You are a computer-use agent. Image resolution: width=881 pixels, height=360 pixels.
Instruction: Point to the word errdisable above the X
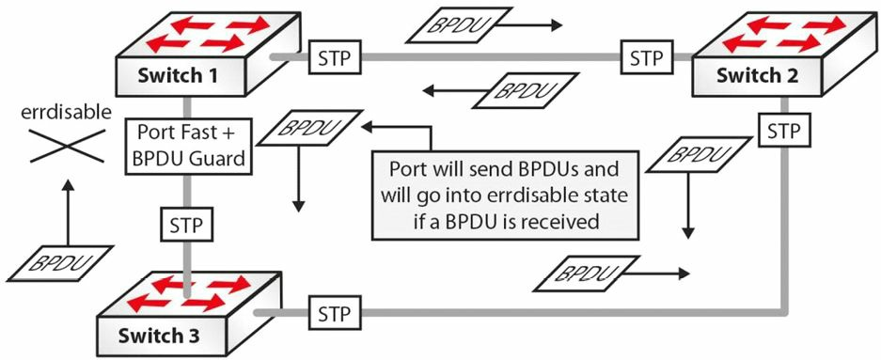click(67, 113)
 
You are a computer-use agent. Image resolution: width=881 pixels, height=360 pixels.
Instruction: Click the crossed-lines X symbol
click(68, 146)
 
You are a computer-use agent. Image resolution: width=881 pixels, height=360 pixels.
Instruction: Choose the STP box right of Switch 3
click(334, 313)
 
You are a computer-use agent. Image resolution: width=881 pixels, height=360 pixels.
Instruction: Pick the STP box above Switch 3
click(186, 226)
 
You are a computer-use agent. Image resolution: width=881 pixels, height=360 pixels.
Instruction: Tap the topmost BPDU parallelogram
click(459, 25)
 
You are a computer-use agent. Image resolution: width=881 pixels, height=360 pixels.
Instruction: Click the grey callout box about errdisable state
click(506, 195)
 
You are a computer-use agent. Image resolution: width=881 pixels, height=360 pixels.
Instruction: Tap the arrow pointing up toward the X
click(68, 212)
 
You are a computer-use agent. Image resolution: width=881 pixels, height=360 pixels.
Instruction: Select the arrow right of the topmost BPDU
click(530, 25)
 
